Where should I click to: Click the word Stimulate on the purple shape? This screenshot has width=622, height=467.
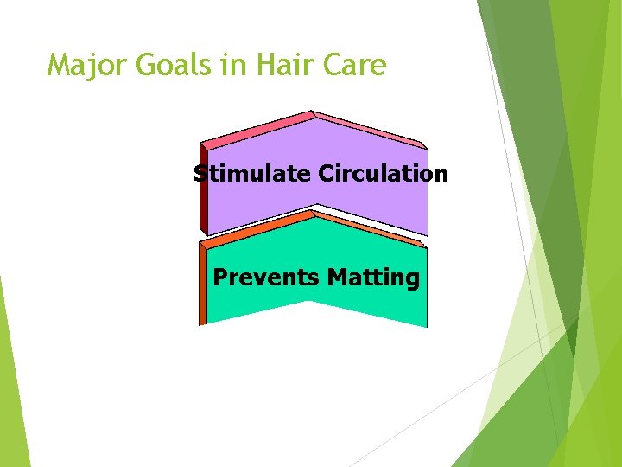[x=252, y=174]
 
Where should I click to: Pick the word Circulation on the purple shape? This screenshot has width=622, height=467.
[x=383, y=174]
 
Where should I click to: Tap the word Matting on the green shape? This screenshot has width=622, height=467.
[x=373, y=278]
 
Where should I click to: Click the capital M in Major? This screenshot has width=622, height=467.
[x=60, y=65]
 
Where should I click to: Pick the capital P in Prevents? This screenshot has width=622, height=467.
[x=219, y=278]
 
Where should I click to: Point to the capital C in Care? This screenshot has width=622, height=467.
[x=329, y=65]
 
